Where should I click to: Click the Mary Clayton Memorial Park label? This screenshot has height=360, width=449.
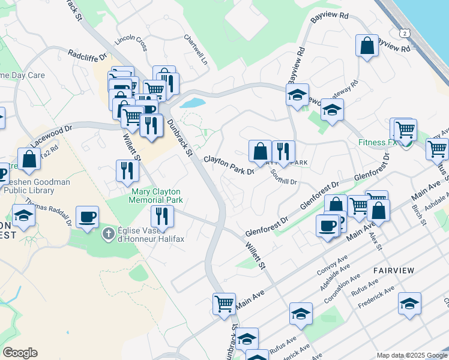click(x=155, y=196)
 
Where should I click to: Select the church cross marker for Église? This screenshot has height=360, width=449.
click(x=109, y=234)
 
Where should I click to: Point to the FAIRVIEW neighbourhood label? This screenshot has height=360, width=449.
click(x=393, y=271)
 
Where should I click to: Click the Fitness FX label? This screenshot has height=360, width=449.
click(x=378, y=143)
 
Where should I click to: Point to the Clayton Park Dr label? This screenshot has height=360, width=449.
click(x=229, y=166)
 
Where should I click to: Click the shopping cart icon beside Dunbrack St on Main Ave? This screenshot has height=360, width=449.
click(x=224, y=303)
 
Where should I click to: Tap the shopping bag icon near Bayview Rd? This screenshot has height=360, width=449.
click(x=367, y=45)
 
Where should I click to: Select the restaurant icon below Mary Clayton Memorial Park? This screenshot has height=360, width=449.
click(x=162, y=215)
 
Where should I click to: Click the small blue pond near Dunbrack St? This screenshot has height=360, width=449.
click(x=191, y=103)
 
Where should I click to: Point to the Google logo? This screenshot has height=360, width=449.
click(x=20, y=353)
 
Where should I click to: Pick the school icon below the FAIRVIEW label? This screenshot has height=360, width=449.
click(x=409, y=304)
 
